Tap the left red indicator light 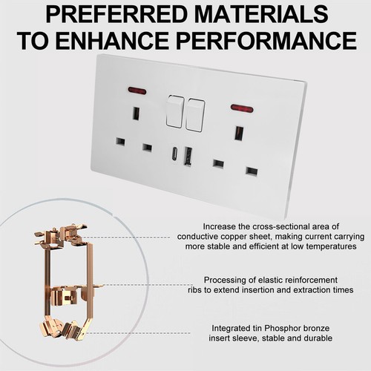tap(137, 91)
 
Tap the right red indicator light tap(240, 108)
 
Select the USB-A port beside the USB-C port tap(188, 156)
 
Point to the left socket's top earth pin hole tap(136, 114)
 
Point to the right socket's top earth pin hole tap(239, 133)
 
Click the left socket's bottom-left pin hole tap(120, 141)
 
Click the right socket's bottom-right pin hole tap(252, 171)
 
